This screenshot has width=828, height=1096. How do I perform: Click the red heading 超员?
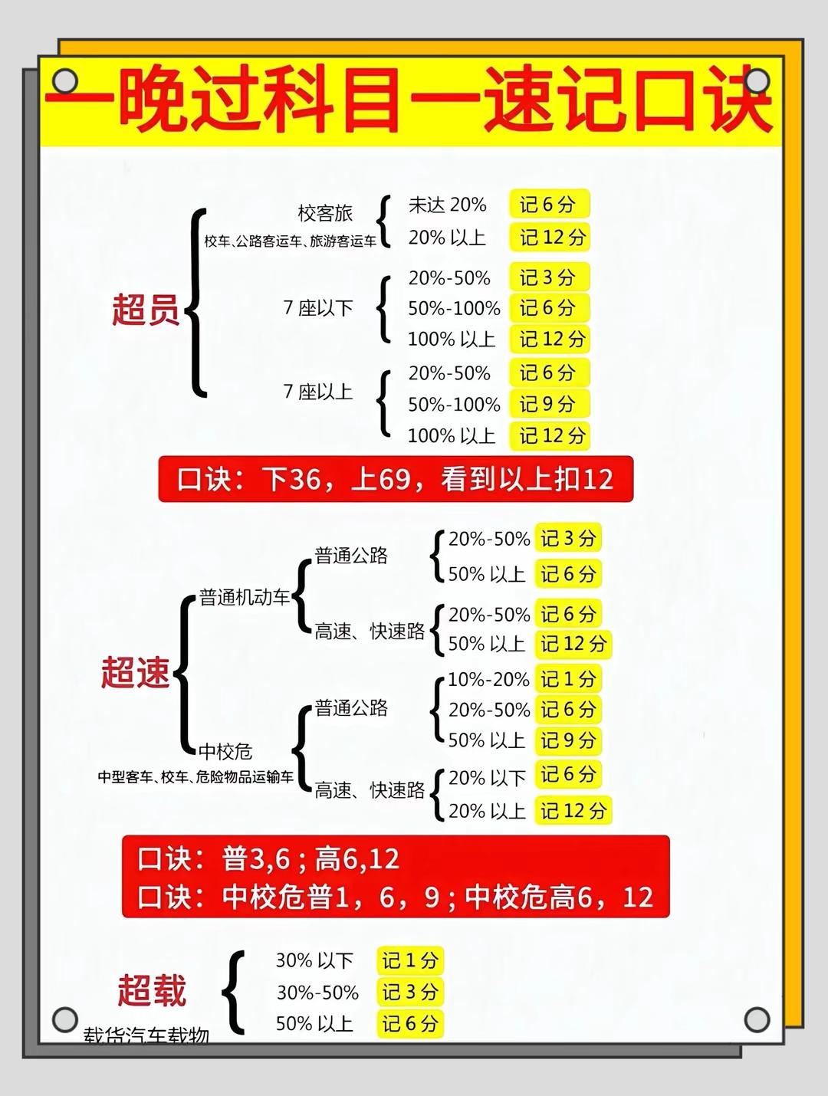tap(146, 310)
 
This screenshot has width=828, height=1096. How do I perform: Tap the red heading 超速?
tap(136, 672)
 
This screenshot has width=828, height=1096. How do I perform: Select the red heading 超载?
tap(152, 989)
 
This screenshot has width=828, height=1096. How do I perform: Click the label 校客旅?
tap(325, 213)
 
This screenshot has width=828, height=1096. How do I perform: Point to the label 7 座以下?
tap(318, 308)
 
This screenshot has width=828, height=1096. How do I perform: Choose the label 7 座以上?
tap(318, 392)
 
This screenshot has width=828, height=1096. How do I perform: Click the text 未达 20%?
tap(447, 205)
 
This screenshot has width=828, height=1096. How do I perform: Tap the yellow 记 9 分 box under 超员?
tap(547, 404)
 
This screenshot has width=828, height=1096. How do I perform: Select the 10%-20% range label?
tap(488, 679)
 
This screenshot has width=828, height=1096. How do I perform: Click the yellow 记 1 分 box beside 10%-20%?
tap(567, 679)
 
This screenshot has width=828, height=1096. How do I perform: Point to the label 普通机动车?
tap(245, 597)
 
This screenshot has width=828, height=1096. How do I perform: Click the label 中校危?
tap(225, 751)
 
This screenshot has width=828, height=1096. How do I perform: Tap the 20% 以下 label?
tap(487, 778)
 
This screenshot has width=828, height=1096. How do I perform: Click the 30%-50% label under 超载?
tap(317, 993)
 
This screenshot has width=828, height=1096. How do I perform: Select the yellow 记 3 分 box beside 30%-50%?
tap(409, 993)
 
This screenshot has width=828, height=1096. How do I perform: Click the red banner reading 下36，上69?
tap(396, 480)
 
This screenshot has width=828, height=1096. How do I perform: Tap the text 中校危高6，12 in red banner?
tap(559, 897)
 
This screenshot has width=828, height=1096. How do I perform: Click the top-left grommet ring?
tap(65, 80)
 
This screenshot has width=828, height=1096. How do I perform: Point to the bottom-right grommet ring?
tap(757, 1019)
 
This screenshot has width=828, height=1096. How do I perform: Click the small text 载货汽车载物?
tap(146, 1035)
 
